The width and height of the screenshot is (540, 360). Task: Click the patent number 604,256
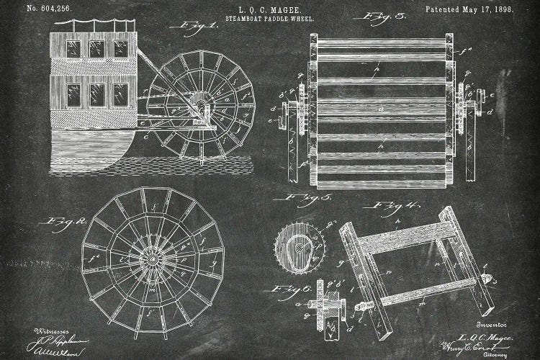(x=49, y=9)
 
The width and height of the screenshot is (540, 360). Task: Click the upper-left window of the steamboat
(x=73, y=48)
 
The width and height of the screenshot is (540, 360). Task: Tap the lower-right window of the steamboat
(x=120, y=94)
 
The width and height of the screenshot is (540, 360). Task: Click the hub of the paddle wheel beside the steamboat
(x=201, y=106)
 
